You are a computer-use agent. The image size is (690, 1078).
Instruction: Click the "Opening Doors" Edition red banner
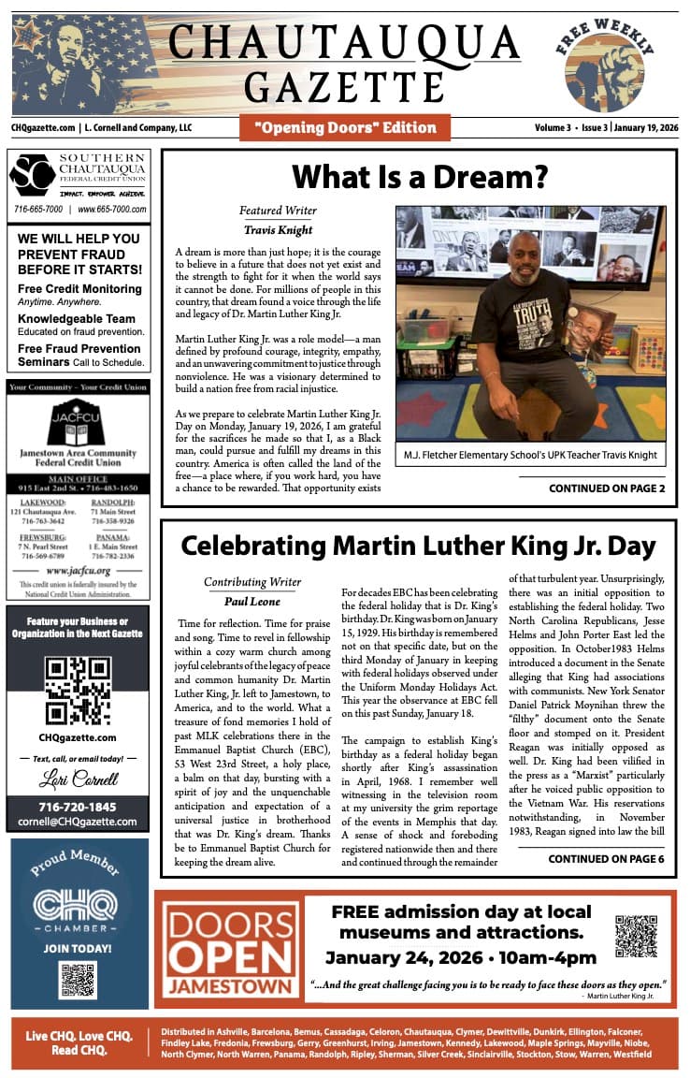[345, 127]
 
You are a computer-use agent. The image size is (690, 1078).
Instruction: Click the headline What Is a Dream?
[419, 176]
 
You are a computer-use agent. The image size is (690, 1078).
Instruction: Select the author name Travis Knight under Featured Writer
[278, 228]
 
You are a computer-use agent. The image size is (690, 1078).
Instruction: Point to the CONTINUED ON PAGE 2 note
[607, 488]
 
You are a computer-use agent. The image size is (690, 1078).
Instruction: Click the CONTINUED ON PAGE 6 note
[606, 858]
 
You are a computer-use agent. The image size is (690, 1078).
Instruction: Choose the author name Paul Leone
[252, 602]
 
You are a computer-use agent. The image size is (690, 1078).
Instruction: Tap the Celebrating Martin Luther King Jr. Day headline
[418, 546]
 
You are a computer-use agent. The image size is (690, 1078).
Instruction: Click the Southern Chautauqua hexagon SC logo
[32, 175]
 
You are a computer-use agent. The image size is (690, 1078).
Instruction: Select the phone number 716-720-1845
[78, 807]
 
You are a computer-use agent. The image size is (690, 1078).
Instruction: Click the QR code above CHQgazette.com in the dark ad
[78, 691]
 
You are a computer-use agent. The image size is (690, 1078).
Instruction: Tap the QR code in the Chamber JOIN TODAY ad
[78, 979]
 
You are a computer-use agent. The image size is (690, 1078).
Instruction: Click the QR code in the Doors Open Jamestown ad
[636, 937]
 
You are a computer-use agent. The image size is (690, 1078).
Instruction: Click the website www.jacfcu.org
[78, 570]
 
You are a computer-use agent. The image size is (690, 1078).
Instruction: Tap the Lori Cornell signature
[78, 779]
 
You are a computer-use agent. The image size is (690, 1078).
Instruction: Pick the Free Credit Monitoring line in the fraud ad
[79, 289]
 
